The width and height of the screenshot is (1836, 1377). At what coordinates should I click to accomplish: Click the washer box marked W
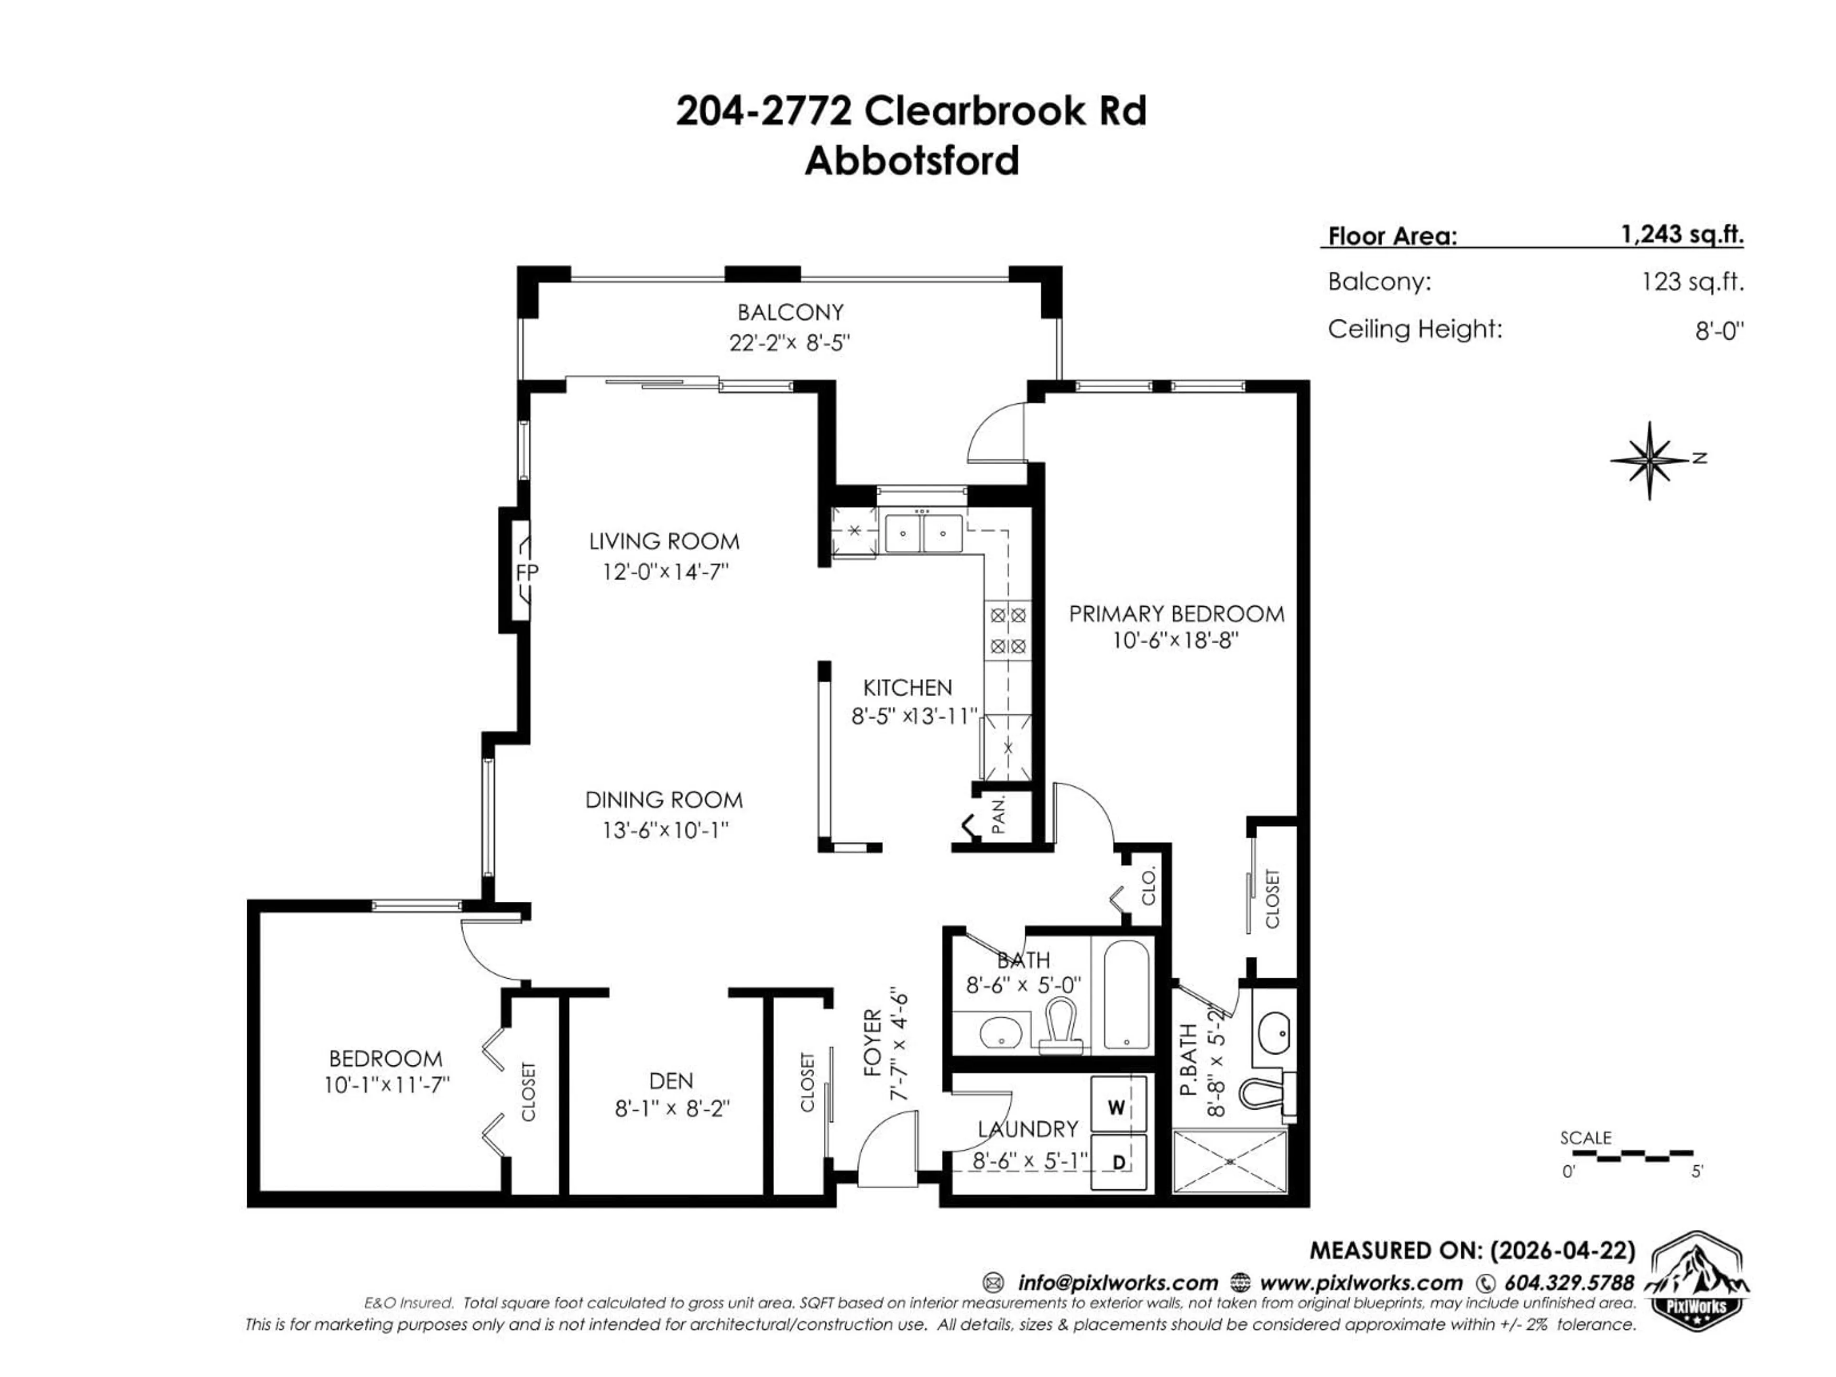pyautogui.click(x=1117, y=1107)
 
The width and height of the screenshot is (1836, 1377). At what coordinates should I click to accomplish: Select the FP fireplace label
pyautogui.click(x=527, y=572)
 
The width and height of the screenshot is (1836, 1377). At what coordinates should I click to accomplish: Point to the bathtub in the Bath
pyautogui.click(x=1126, y=995)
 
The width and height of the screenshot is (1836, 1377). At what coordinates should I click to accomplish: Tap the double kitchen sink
pyautogui.click(x=923, y=533)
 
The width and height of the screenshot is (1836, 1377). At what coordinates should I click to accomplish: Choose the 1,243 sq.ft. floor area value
pyautogui.click(x=1683, y=235)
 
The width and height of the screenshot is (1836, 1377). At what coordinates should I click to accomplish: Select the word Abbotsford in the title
pyautogui.click(x=911, y=160)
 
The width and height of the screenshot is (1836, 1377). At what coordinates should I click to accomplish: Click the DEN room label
pyautogui.click(x=671, y=1080)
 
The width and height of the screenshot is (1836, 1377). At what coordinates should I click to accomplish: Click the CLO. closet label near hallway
pyautogui.click(x=1149, y=886)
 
